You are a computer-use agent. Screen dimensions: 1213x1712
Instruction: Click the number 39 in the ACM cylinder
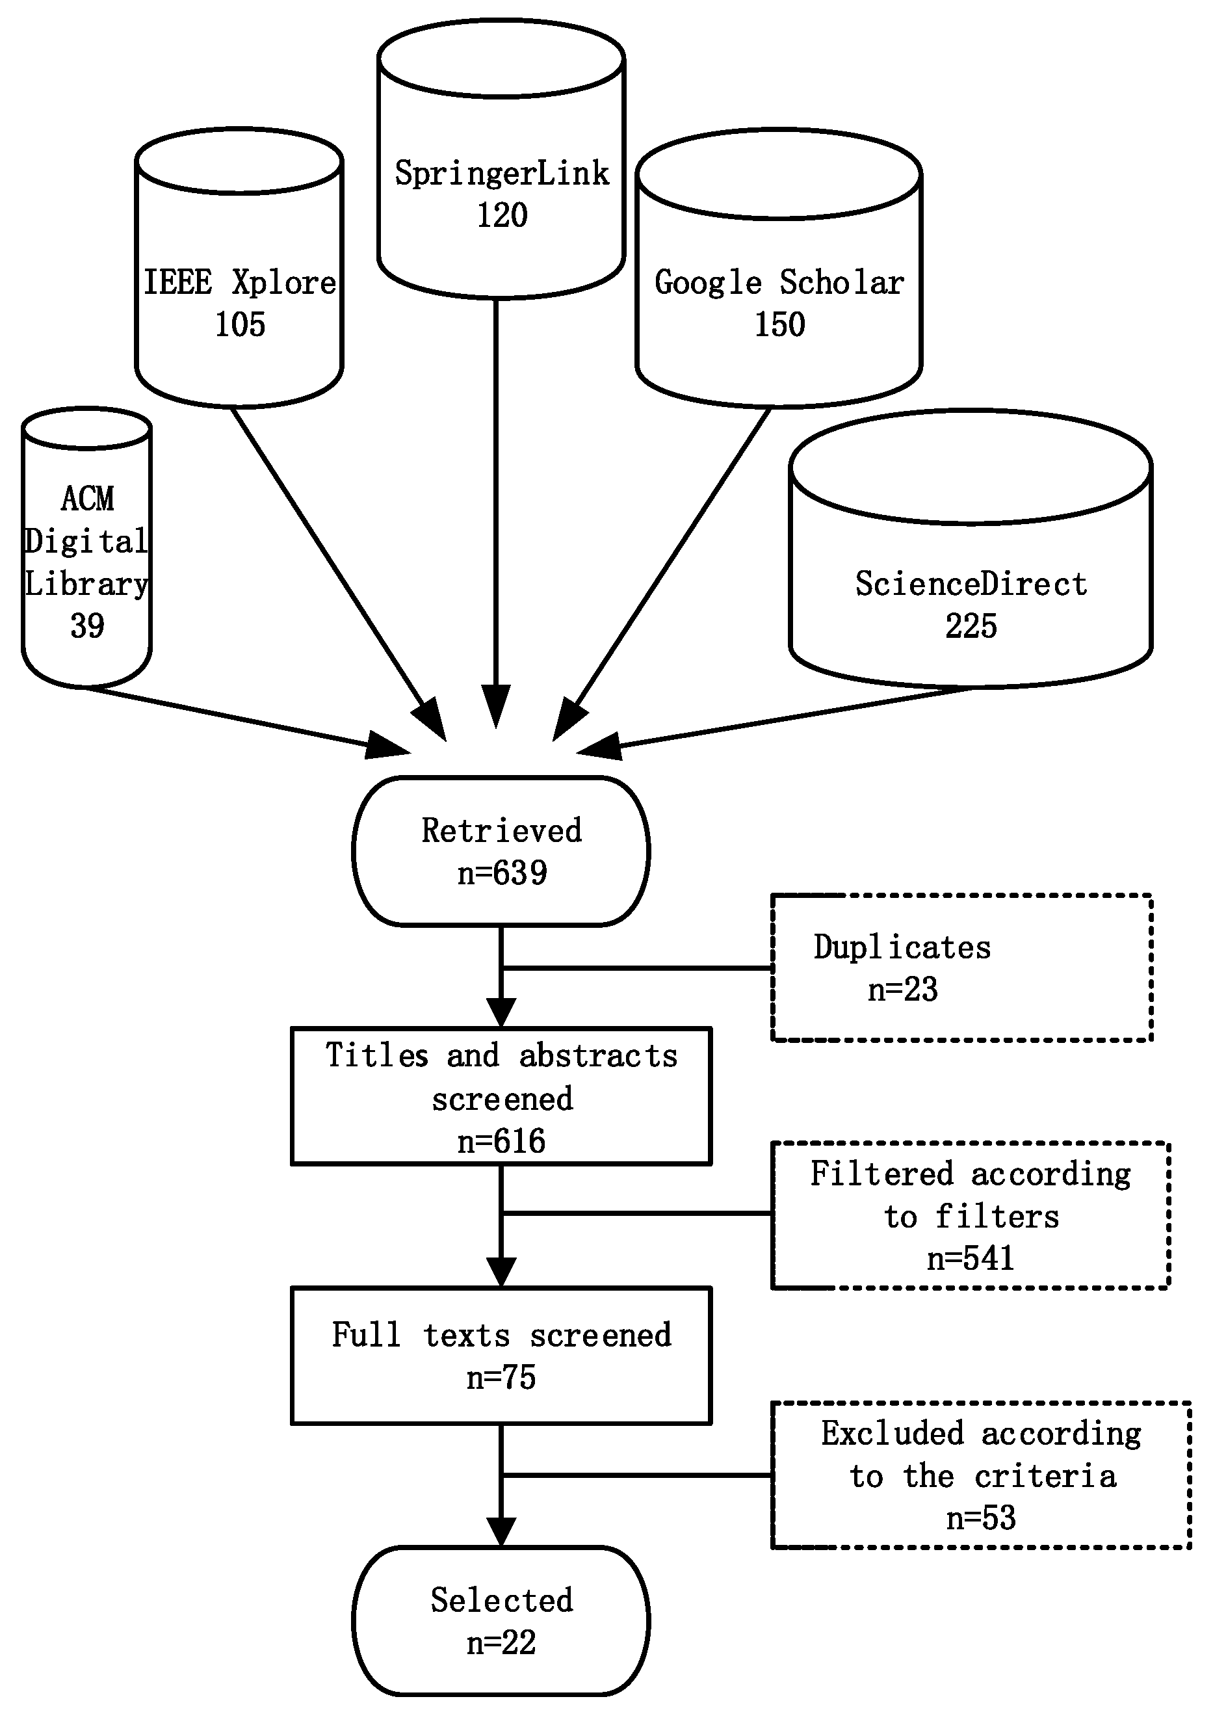(x=87, y=626)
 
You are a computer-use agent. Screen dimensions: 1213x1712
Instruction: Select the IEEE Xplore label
(x=240, y=282)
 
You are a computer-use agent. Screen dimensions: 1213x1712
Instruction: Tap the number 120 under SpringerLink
(x=502, y=215)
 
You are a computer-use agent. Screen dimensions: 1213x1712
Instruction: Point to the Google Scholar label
(x=779, y=283)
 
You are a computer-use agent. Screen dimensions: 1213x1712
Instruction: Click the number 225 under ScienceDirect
(x=971, y=626)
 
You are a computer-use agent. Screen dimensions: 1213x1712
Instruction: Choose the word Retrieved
(x=501, y=830)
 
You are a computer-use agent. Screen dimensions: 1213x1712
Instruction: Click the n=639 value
(x=502, y=873)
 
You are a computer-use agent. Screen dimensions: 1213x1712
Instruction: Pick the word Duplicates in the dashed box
(x=902, y=948)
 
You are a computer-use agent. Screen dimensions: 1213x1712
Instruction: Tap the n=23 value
(x=902, y=990)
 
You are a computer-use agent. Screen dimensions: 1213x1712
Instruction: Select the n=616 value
(x=501, y=1141)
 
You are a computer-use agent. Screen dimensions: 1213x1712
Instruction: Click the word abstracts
(x=598, y=1056)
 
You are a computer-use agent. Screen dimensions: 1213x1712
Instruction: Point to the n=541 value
(x=971, y=1259)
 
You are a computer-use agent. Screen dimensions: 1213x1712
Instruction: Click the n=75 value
(x=501, y=1377)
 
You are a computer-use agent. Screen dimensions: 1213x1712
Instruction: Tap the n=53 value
(x=981, y=1518)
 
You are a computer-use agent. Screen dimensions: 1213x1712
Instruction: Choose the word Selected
(x=502, y=1601)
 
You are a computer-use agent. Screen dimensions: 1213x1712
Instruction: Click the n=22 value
(x=501, y=1643)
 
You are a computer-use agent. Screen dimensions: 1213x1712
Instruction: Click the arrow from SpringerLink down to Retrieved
(x=496, y=513)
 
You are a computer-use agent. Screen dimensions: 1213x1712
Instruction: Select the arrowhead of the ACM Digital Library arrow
(x=388, y=745)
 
